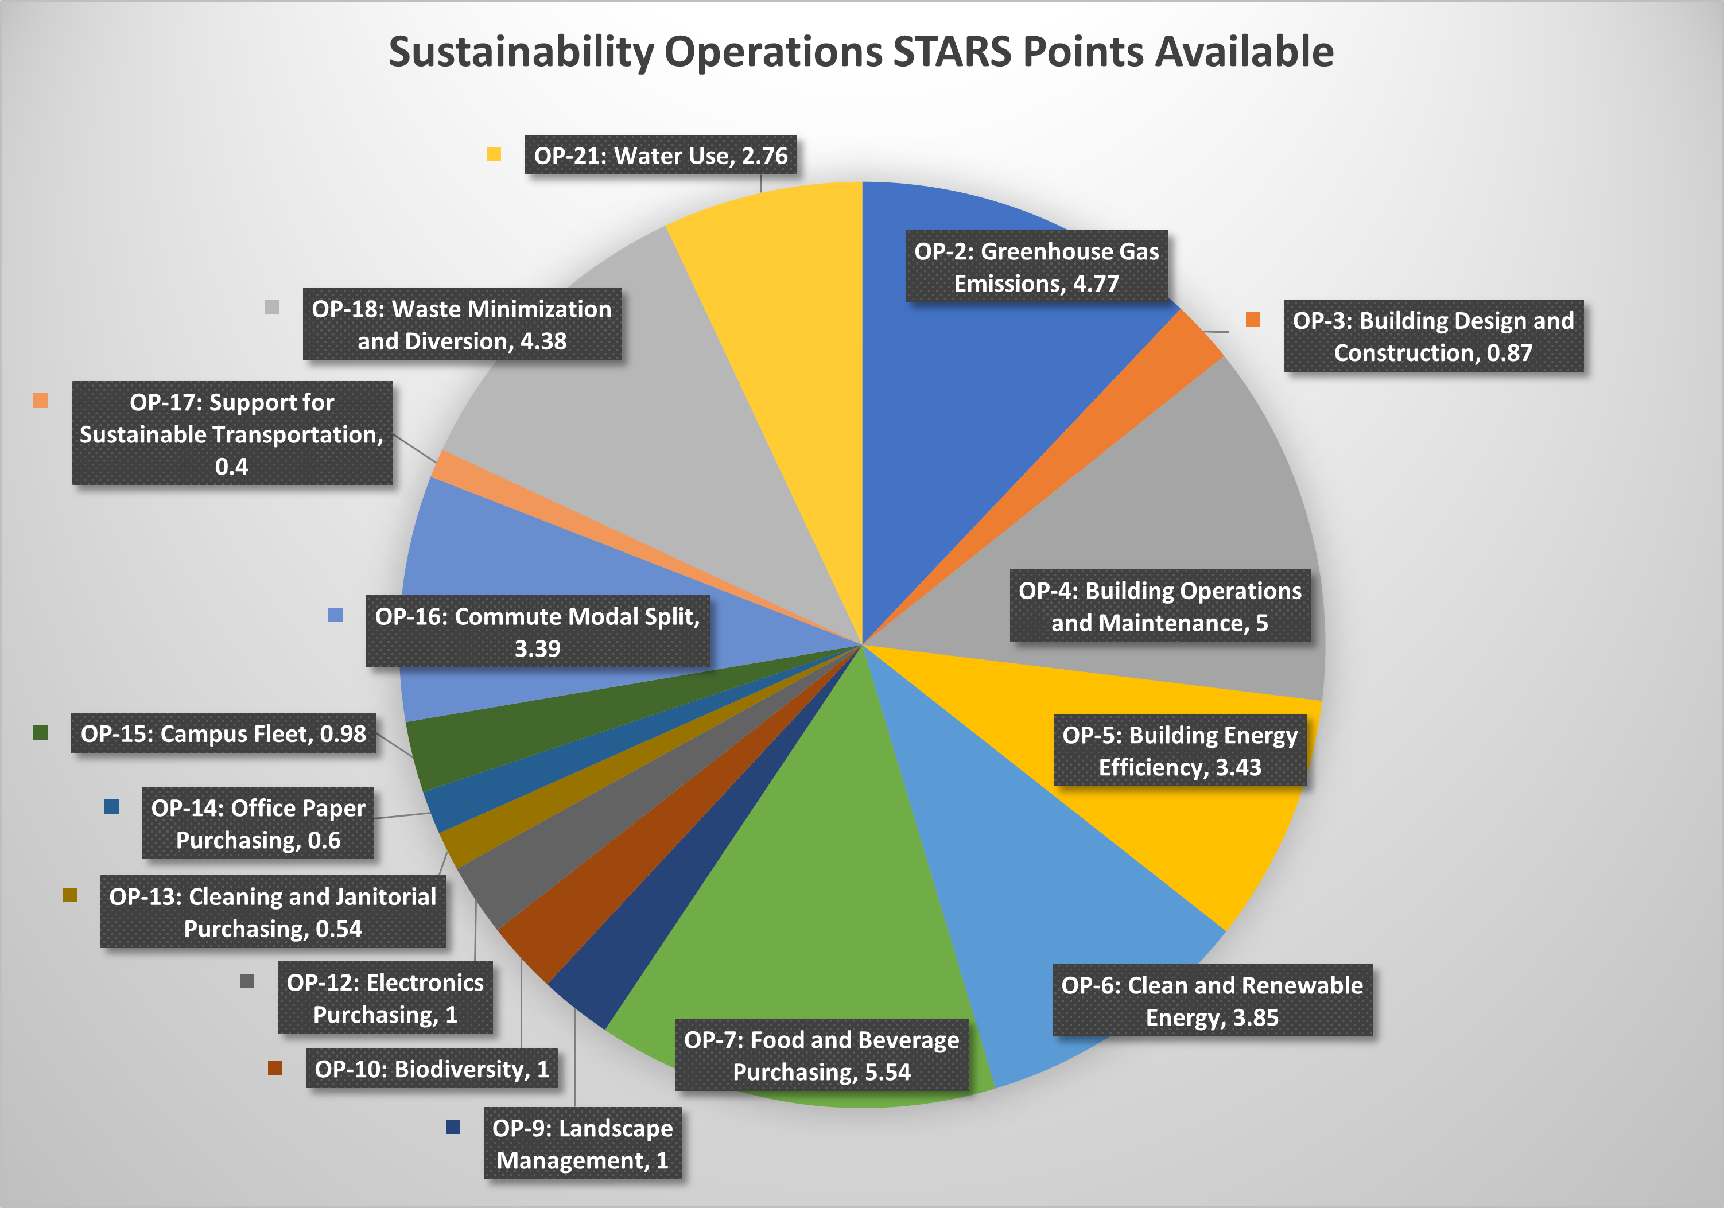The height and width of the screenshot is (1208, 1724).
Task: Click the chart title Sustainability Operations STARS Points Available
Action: click(860, 53)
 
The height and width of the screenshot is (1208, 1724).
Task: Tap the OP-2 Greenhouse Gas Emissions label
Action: click(1036, 267)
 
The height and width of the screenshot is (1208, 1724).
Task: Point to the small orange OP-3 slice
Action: click(1171, 353)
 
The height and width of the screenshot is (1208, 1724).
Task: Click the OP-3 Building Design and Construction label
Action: click(1432, 336)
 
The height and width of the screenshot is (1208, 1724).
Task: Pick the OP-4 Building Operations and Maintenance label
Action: click(1159, 607)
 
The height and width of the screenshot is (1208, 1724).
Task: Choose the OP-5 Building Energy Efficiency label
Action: click(1179, 751)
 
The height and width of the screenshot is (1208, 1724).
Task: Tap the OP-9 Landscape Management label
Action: click(582, 1143)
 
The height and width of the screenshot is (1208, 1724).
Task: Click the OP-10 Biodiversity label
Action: click(432, 1069)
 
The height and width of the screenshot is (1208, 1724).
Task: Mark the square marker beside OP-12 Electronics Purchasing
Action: click(247, 981)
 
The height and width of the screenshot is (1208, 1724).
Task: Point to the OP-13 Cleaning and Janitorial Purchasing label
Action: click(273, 912)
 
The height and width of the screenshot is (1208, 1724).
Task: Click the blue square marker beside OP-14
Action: click(112, 807)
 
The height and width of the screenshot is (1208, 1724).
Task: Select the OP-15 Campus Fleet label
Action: click(223, 733)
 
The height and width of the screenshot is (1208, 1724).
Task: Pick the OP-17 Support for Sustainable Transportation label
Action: click(231, 434)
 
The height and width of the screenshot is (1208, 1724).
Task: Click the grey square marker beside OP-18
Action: click(273, 308)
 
